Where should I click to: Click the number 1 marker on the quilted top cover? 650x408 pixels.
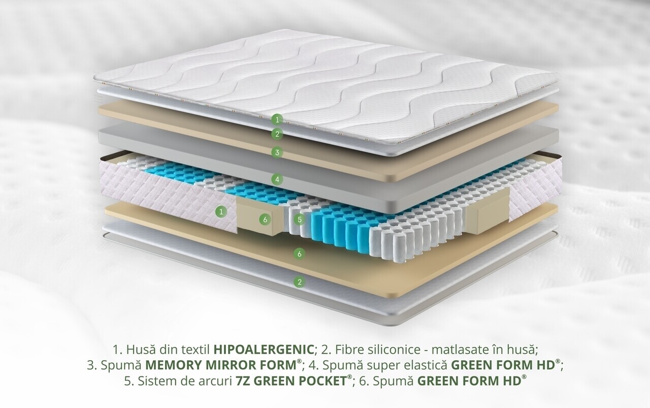click(277, 119)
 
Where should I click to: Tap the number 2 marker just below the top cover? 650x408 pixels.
click(277, 134)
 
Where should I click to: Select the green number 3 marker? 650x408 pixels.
click(277, 152)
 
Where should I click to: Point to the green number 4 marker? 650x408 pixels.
click(277, 179)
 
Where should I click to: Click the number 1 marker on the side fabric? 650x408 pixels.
click(221, 212)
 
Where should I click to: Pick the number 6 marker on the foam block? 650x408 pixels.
click(265, 220)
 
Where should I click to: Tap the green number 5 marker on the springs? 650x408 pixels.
click(300, 219)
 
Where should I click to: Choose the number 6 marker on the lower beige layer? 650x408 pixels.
click(300, 254)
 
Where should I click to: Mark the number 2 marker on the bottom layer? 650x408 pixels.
click(300, 281)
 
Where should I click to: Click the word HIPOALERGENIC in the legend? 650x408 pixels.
click(264, 350)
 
